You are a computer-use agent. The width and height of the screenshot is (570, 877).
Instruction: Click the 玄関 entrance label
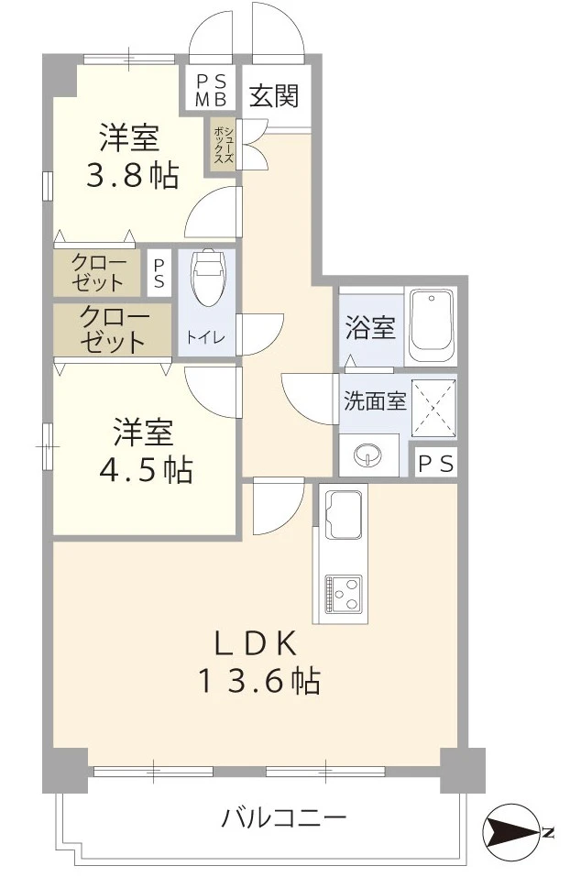[x=274, y=95]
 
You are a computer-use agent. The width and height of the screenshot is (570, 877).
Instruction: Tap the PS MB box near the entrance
[x=211, y=90]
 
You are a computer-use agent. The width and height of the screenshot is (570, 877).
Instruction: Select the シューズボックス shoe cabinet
[x=224, y=144]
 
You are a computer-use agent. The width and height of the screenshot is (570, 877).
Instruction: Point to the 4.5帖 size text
[x=147, y=470]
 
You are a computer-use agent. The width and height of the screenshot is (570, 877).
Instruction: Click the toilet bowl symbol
[x=206, y=277]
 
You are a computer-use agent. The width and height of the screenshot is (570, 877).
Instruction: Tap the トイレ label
[x=206, y=337]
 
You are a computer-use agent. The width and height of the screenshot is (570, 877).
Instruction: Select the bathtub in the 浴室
[x=432, y=326]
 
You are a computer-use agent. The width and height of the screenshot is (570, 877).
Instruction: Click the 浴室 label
[x=370, y=327]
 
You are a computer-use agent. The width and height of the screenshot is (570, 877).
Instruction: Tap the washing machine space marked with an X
[x=433, y=406]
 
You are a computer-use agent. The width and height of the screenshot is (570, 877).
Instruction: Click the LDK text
[x=256, y=643]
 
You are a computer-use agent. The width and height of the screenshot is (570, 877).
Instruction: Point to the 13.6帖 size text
[x=259, y=681]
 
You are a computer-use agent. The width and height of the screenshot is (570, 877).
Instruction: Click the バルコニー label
[x=284, y=819]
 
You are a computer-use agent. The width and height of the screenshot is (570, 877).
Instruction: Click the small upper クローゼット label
[x=97, y=273]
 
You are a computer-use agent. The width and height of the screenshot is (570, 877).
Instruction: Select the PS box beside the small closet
[x=159, y=273]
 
